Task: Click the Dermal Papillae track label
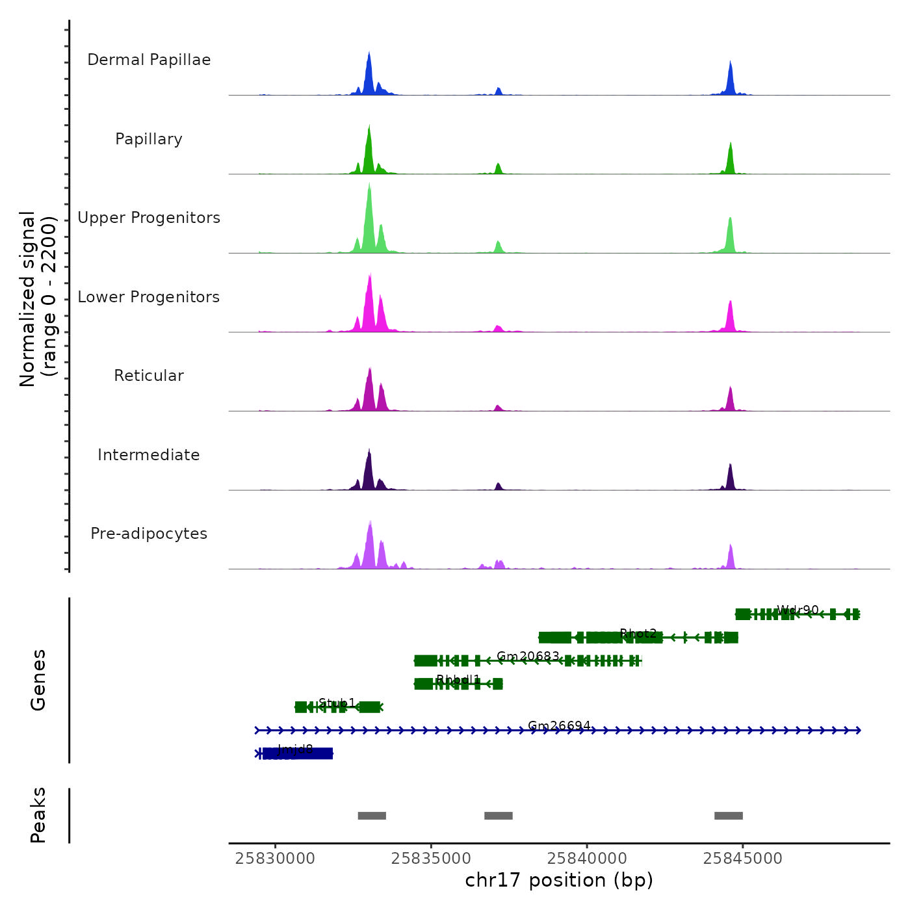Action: click(x=149, y=60)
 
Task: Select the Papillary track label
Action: click(x=149, y=139)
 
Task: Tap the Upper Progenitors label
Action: click(x=149, y=218)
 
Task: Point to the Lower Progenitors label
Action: click(x=149, y=297)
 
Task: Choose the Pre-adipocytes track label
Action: click(x=149, y=534)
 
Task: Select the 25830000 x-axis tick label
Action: click(x=275, y=859)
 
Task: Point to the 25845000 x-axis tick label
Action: click(x=743, y=859)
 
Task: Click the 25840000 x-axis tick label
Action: click(x=587, y=859)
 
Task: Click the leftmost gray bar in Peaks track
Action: click(x=372, y=816)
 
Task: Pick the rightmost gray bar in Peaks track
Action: click(x=729, y=816)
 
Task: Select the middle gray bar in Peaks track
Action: click(x=499, y=816)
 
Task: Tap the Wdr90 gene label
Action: click(x=798, y=610)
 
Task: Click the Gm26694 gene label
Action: click(x=559, y=726)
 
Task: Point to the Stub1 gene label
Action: click(x=337, y=703)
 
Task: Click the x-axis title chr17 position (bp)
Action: click(x=559, y=880)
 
